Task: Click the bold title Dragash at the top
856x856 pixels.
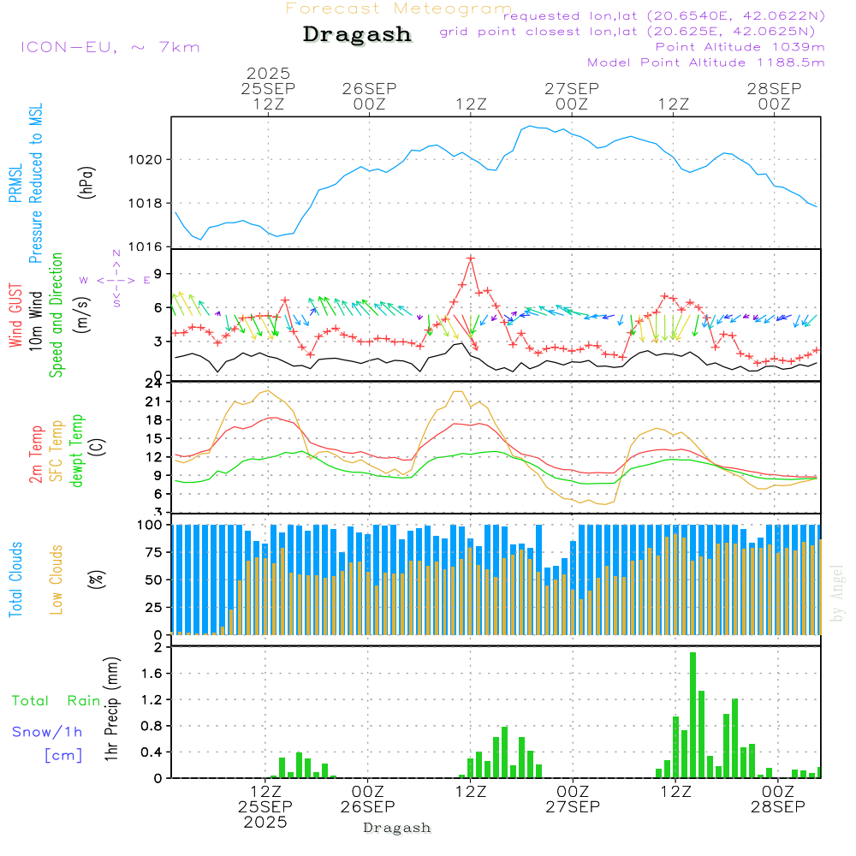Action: (357, 34)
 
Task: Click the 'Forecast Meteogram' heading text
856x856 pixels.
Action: (399, 9)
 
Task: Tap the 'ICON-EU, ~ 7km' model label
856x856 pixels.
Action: (110, 46)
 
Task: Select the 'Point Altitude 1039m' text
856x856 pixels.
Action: (740, 46)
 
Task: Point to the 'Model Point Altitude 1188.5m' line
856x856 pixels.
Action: (706, 62)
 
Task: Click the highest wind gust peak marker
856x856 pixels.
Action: (471, 258)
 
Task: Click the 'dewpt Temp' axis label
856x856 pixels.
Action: (77, 450)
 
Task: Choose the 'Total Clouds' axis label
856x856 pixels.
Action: (15, 579)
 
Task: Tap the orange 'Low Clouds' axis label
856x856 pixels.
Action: (56, 579)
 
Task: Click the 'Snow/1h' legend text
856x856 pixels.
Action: (47, 732)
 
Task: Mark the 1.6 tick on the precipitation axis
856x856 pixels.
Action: (151, 674)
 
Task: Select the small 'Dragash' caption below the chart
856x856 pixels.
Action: (397, 828)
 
